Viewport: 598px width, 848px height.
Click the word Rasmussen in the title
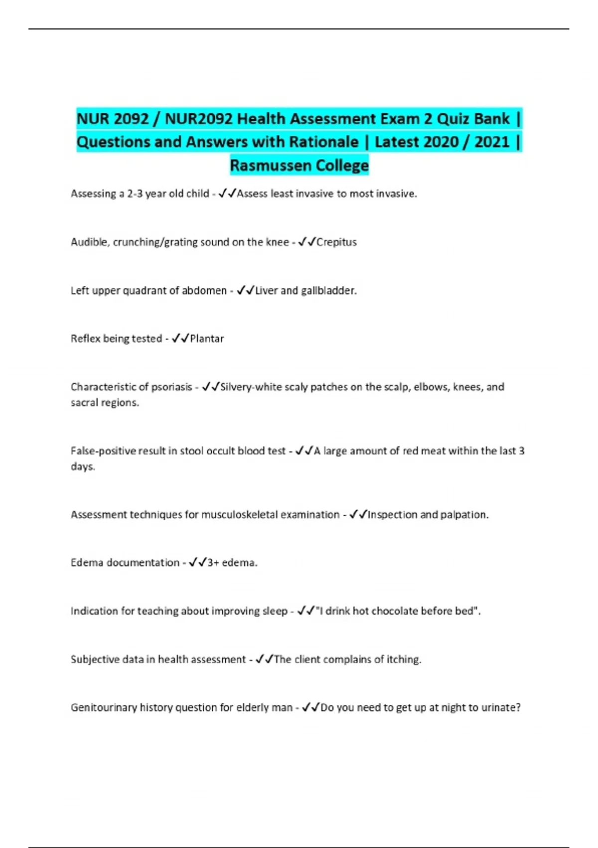tap(265, 165)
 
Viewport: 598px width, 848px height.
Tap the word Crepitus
tap(337, 242)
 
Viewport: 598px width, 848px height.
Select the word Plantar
tap(207, 339)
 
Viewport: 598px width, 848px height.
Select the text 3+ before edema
tap(213, 563)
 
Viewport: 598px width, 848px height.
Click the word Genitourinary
tap(104, 708)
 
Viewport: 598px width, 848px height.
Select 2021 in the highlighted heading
tap(492, 142)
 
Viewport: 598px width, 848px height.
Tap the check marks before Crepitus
tap(307, 242)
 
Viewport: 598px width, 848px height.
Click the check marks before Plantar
tap(180, 339)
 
